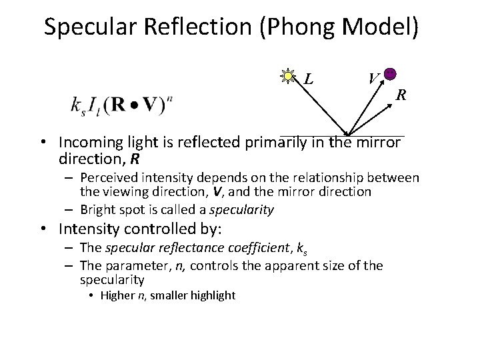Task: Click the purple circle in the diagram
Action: tap(391, 74)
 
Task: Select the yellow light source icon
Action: tap(288, 77)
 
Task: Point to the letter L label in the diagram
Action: tap(309, 79)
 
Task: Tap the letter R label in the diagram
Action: tap(401, 95)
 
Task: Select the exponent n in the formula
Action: tap(171, 99)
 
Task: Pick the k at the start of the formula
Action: tap(75, 105)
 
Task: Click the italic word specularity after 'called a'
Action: tap(241, 209)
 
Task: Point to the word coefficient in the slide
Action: tap(261, 249)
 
